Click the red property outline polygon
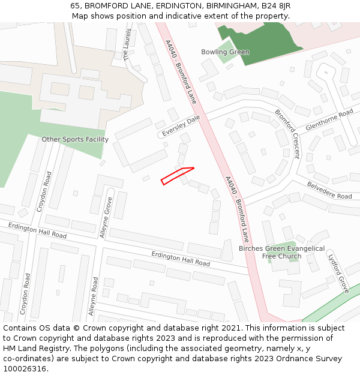177,175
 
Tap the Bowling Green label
225,52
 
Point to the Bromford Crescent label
287,133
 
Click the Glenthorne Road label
329,120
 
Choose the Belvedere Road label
329,191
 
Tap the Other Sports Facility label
75,139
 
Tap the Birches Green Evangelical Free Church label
281,252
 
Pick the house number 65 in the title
75,5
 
